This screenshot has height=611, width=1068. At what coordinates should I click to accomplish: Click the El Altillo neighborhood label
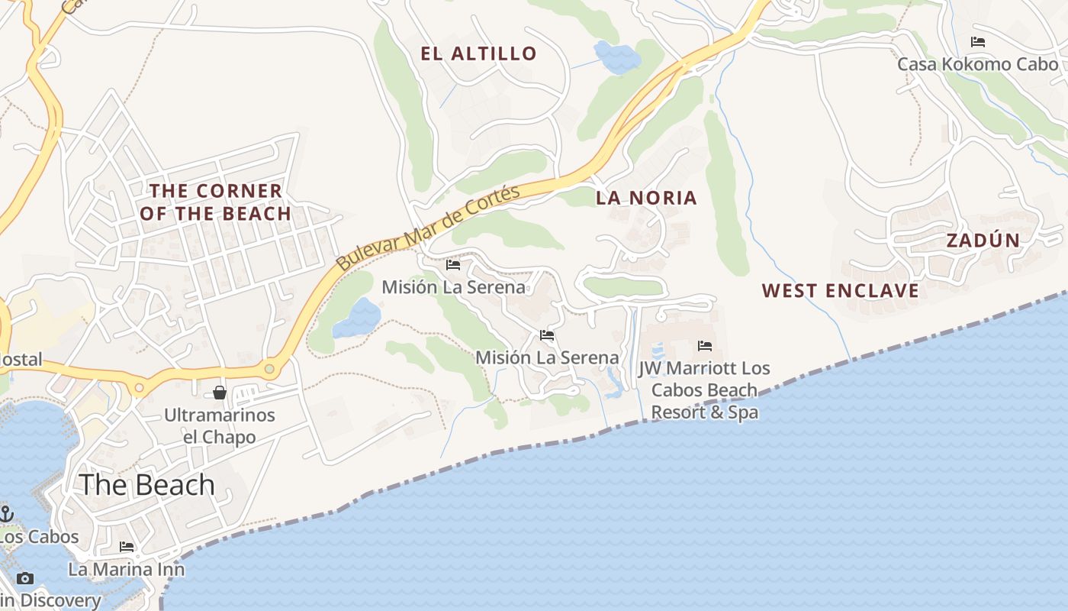click(x=478, y=53)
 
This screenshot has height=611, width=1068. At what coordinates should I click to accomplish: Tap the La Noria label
click(x=646, y=198)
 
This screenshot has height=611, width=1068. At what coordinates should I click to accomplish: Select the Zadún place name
click(x=983, y=241)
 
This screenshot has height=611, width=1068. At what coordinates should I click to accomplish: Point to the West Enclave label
click(x=840, y=291)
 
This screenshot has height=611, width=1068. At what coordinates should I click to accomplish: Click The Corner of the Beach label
click(x=215, y=202)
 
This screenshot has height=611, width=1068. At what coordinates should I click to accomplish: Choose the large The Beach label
click(x=147, y=485)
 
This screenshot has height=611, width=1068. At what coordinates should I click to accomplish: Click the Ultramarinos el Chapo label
click(x=220, y=426)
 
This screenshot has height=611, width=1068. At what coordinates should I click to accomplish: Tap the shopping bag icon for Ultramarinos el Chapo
click(x=220, y=393)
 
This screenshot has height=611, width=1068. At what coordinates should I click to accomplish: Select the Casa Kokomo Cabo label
click(x=977, y=64)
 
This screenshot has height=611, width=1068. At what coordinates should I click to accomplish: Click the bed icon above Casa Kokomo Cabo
click(x=977, y=42)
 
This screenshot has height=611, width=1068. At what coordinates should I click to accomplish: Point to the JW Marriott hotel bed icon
click(x=705, y=346)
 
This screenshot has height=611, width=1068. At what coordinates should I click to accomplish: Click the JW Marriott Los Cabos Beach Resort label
click(x=705, y=390)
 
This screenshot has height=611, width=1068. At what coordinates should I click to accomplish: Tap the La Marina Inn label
click(x=127, y=569)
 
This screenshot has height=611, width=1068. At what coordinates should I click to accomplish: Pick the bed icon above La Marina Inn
click(x=127, y=547)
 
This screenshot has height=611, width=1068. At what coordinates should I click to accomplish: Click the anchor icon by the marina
click(x=7, y=513)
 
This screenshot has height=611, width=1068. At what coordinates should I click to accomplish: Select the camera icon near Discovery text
click(x=25, y=578)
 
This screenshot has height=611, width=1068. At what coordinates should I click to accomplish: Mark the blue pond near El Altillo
click(x=616, y=57)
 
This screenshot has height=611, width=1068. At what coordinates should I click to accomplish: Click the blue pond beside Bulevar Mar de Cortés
click(x=357, y=318)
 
